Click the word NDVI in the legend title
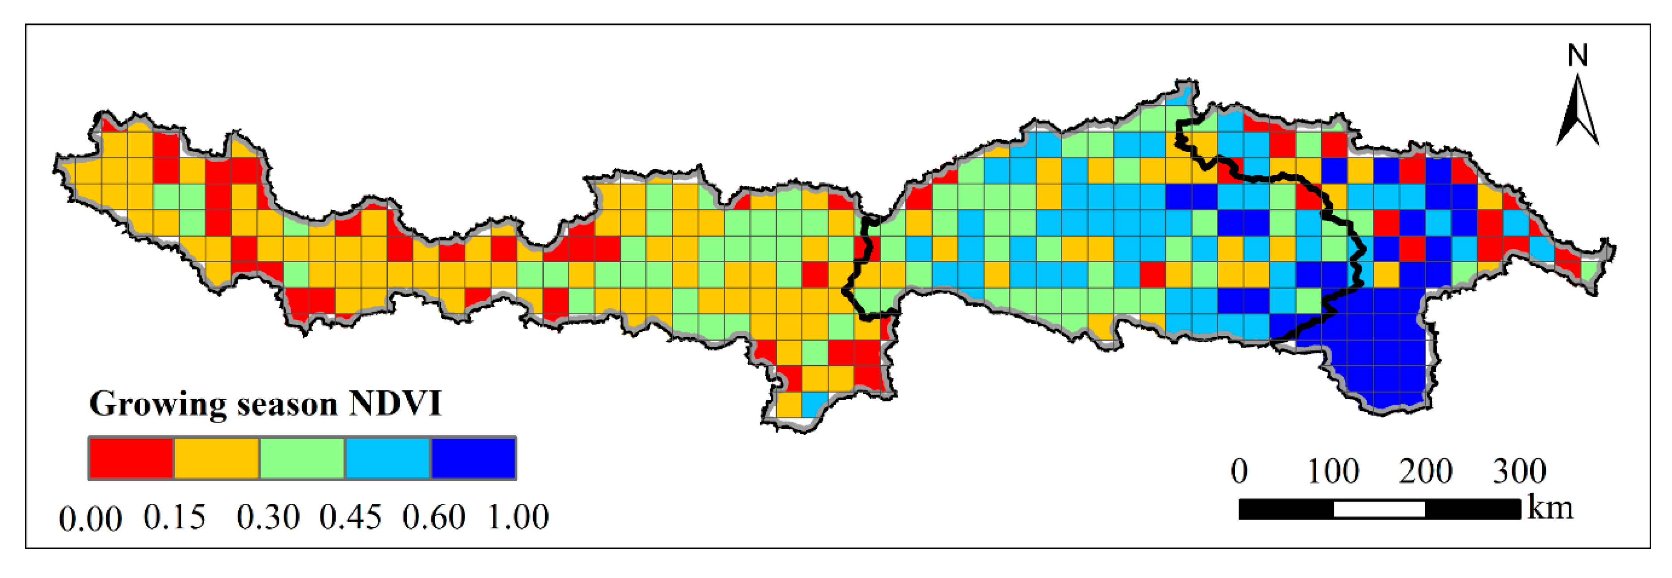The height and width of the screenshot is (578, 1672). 395,404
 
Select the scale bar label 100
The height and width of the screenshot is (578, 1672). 1333,471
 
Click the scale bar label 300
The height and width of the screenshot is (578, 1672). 1519,471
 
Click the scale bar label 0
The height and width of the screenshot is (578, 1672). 1239,471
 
